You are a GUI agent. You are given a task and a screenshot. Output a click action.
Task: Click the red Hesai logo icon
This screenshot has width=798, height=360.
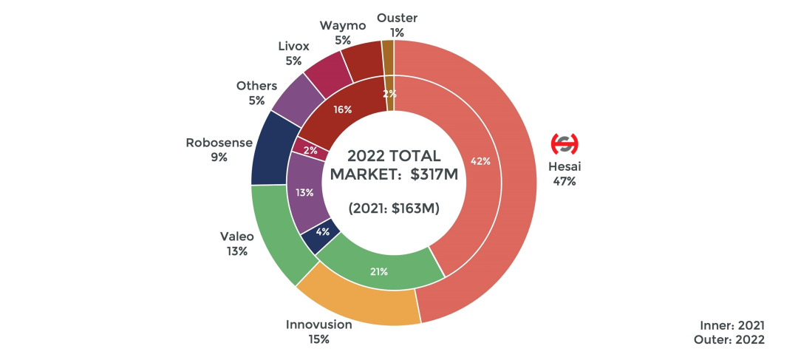click(565, 143)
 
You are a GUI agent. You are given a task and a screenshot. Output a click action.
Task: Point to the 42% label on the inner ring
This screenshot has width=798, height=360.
click(480, 161)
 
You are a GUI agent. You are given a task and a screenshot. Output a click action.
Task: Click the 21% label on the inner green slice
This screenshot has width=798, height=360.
click(379, 271)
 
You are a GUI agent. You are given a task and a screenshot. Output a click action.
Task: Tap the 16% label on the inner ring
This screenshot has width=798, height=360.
click(342, 109)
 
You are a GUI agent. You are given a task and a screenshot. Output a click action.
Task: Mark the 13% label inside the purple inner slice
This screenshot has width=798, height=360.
click(304, 192)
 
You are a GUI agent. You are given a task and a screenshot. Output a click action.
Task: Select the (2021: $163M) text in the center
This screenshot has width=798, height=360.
click(394, 208)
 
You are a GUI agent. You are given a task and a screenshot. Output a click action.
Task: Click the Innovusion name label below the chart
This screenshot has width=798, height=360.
click(319, 325)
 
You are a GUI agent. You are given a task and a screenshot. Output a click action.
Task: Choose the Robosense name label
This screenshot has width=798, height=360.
click(219, 143)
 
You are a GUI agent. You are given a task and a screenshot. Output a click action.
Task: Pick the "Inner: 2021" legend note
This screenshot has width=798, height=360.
click(732, 325)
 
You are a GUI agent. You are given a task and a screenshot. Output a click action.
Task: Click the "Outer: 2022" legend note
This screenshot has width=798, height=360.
click(729, 339)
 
